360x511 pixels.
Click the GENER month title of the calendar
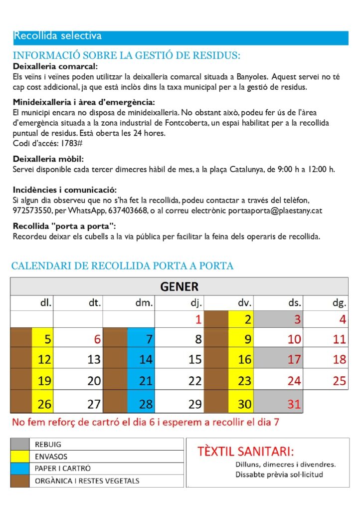(179, 286)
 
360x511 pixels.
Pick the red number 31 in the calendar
(294, 404)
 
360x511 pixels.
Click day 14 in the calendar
(145, 359)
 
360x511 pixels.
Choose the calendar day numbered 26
(44, 404)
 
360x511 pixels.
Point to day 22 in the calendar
(195, 381)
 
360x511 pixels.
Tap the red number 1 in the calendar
(198, 319)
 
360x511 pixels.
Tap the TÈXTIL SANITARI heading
(246, 452)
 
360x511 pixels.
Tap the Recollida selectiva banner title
(58, 36)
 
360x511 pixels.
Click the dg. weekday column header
(339, 302)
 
